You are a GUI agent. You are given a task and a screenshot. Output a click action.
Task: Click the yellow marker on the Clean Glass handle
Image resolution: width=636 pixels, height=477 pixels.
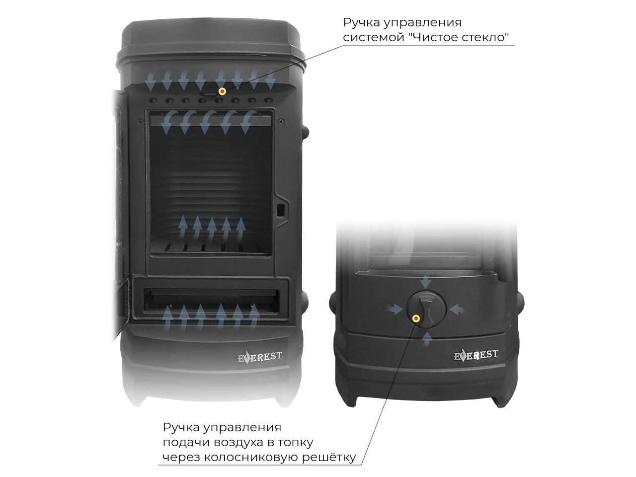pyautogui.click(x=222, y=91)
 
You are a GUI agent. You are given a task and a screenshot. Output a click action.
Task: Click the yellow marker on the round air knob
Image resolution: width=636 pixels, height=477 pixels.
pyautogui.click(x=416, y=318)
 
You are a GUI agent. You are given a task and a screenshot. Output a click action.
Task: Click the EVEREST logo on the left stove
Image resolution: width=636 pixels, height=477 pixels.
pyautogui.click(x=260, y=357)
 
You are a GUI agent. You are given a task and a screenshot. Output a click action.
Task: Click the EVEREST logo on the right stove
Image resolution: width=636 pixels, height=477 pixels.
pyautogui.click(x=476, y=355)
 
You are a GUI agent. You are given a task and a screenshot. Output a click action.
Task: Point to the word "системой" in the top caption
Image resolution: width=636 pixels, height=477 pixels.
pyautogui.click(x=374, y=37)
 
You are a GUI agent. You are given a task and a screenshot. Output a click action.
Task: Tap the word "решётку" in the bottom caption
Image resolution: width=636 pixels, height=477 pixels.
pyautogui.click(x=329, y=458)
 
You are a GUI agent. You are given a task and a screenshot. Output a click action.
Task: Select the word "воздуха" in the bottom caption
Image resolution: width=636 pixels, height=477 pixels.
pyautogui.click(x=242, y=443)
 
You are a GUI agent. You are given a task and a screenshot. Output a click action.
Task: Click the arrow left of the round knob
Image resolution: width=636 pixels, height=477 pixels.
pyautogui.click(x=396, y=310)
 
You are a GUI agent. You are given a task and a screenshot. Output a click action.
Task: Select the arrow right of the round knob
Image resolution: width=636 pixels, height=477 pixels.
pyautogui.click(x=457, y=310)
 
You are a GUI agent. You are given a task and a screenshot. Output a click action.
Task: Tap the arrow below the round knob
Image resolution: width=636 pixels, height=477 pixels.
pyautogui.click(x=426, y=338)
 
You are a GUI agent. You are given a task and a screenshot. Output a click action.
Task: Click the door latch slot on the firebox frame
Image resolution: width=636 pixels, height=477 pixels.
pyautogui.click(x=280, y=211)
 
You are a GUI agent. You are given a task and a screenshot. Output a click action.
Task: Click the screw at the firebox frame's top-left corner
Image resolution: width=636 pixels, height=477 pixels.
pyautogui.click(x=141, y=121)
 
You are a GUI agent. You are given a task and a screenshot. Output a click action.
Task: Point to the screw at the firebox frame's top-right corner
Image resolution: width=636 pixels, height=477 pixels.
pyautogui.click(x=280, y=121)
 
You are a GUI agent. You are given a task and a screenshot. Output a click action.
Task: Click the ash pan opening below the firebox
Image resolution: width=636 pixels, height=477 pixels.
pyautogui.click(x=211, y=300)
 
